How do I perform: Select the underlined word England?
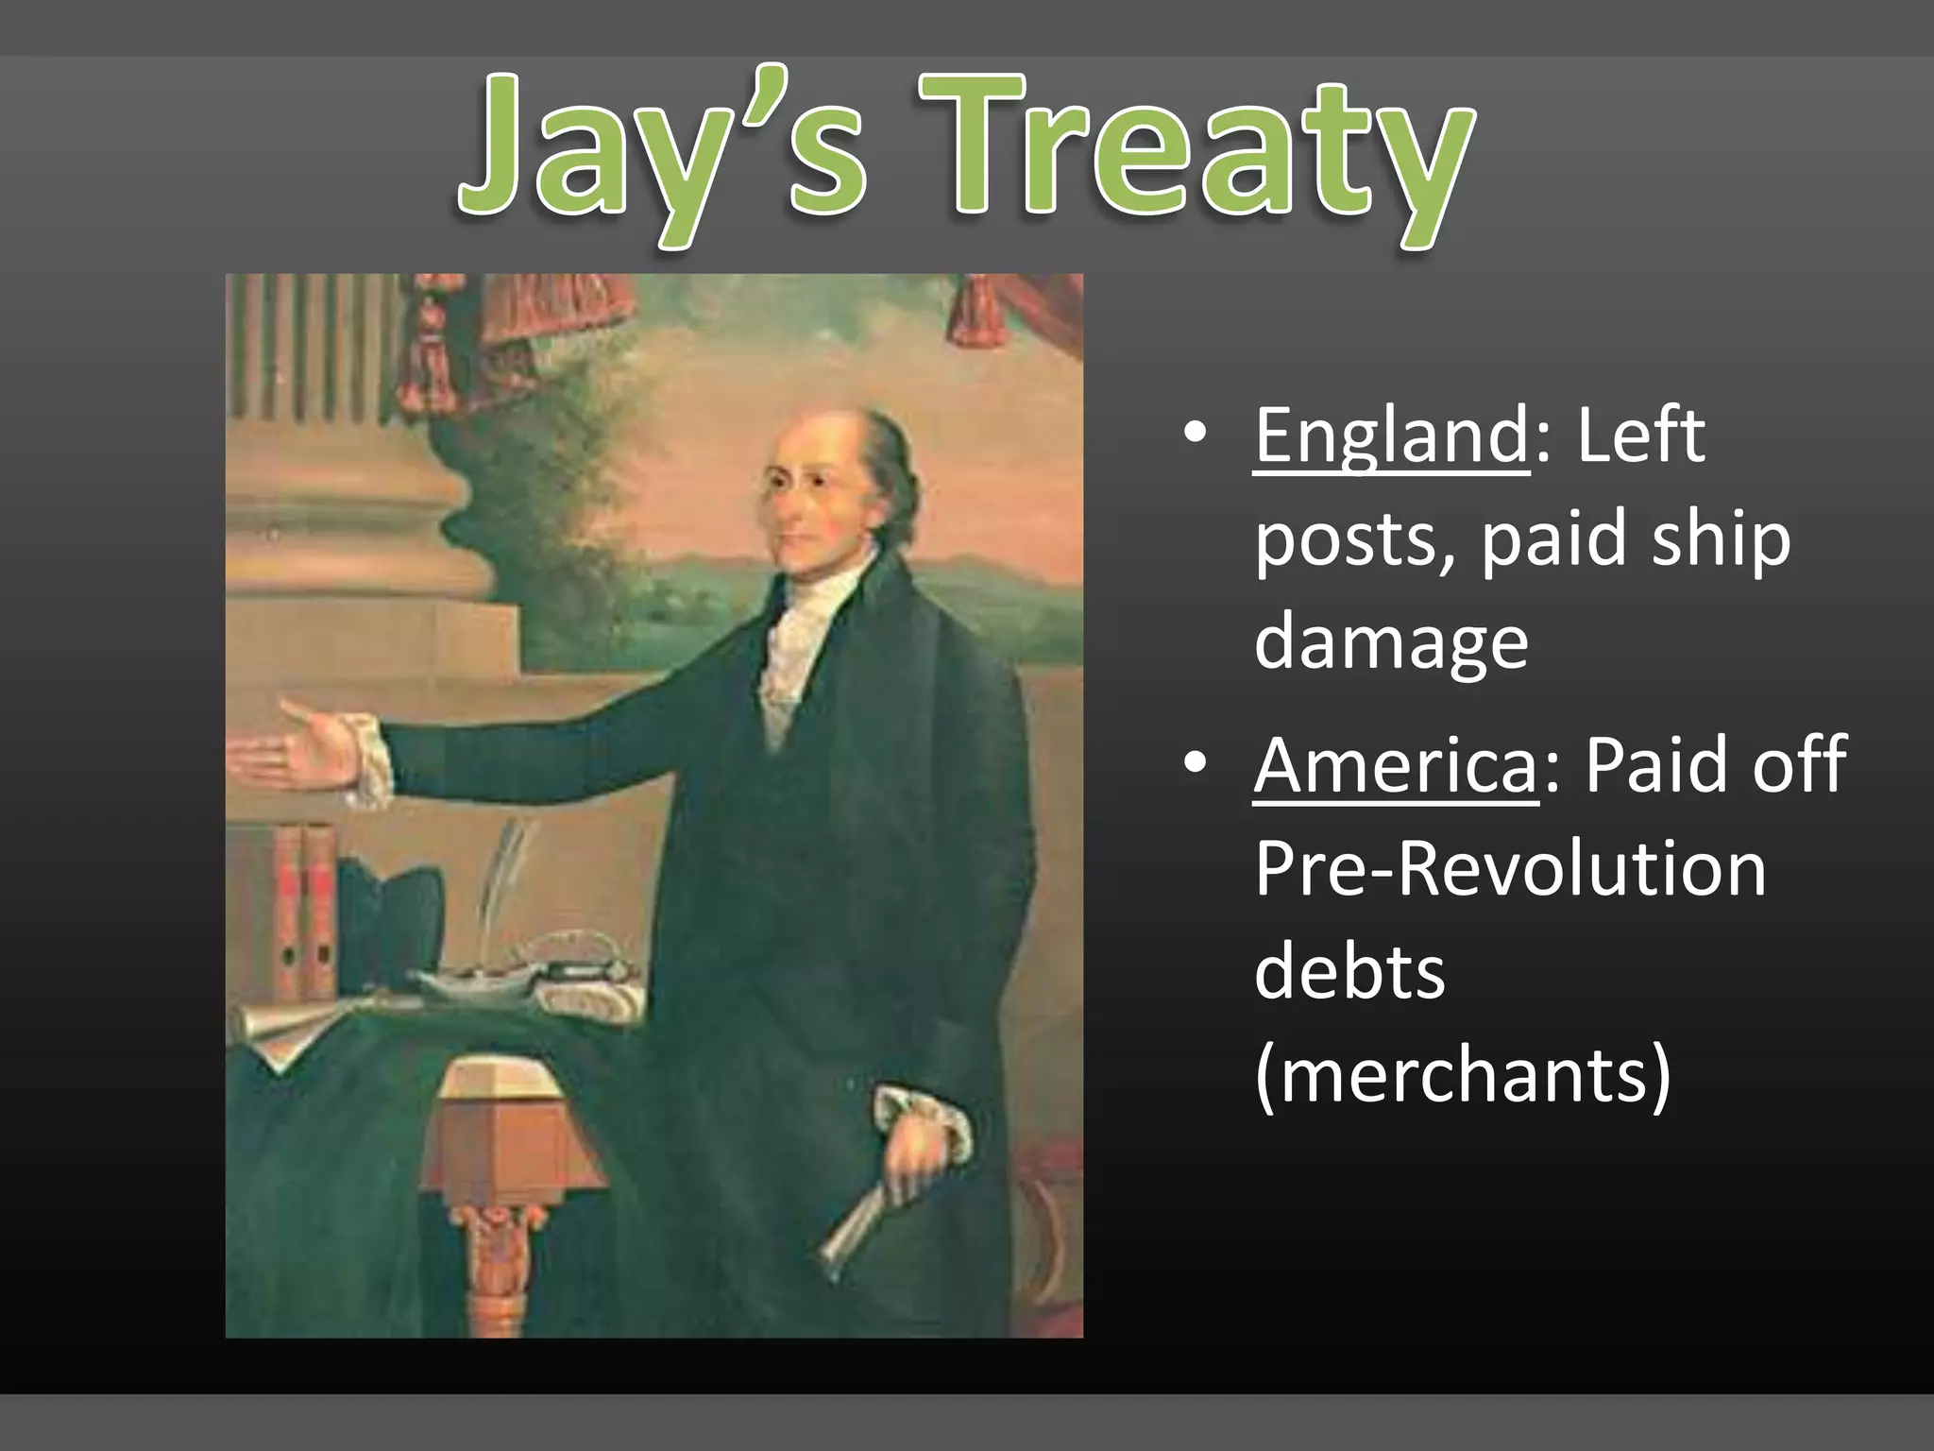click(1390, 436)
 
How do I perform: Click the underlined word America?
click(1396, 765)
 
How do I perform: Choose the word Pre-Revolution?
click(1509, 869)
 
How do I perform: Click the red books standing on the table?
click(304, 907)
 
